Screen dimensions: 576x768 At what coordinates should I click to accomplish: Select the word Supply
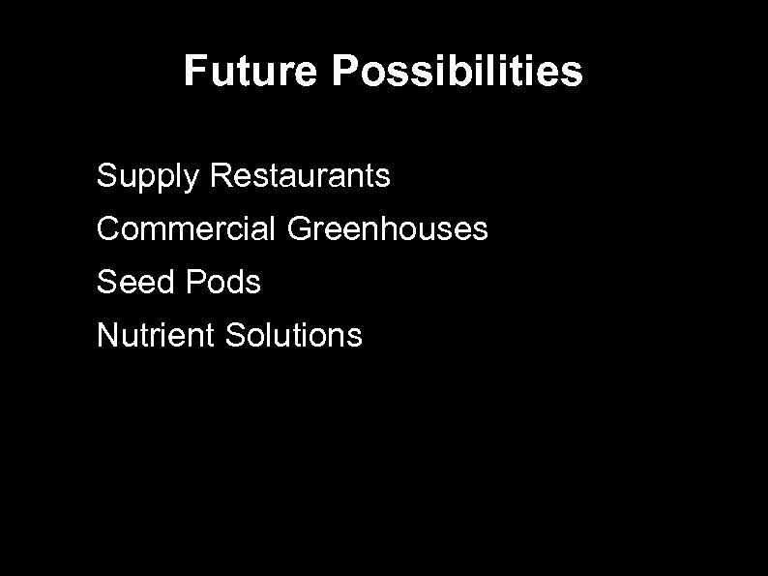pyautogui.click(x=148, y=177)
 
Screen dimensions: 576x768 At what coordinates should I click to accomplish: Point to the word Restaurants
pyautogui.click(x=300, y=176)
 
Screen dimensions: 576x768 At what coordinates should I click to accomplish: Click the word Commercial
pyautogui.click(x=187, y=229)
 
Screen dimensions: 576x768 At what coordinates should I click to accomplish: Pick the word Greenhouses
pyautogui.click(x=388, y=229)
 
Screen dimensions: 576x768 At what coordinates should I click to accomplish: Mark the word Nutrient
pyautogui.click(x=156, y=336)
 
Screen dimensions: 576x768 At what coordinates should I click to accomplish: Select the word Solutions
pyautogui.click(x=293, y=336)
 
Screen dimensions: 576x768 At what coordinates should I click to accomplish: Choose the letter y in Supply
pyautogui.click(x=192, y=180)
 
